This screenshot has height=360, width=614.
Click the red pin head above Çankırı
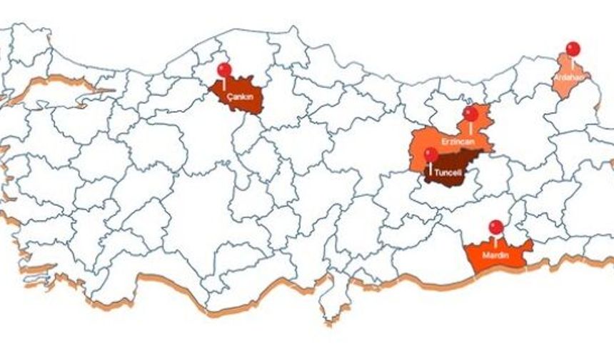[x=224, y=70]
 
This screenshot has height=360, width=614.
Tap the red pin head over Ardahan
[x=573, y=49]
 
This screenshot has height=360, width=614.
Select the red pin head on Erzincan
[x=470, y=114]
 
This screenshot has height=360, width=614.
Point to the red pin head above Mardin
[x=495, y=227]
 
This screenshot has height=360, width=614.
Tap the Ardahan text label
[x=569, y=76]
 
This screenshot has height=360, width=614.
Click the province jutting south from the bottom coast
[x=330, y=304]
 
